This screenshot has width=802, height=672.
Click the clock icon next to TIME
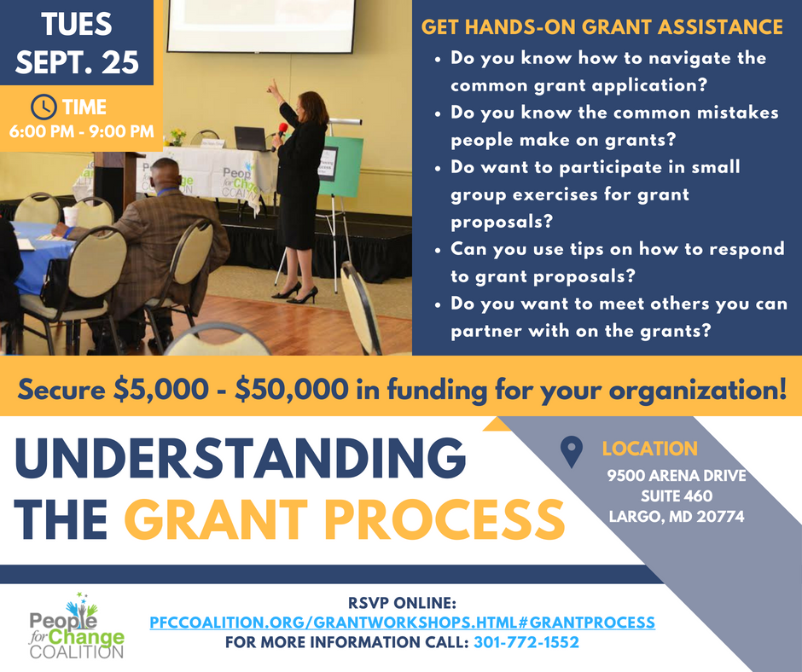44,107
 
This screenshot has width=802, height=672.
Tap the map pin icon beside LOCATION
572,452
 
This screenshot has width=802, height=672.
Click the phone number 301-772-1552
526,642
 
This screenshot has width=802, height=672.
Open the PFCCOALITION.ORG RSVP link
402,623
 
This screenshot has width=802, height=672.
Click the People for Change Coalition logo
77,626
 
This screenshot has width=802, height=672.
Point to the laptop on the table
251,139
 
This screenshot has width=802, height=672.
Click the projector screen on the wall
261,26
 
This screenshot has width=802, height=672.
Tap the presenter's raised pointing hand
273,87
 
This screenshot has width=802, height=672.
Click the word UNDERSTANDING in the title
241,457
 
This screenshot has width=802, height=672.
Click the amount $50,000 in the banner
292,389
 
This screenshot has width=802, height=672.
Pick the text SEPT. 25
78,62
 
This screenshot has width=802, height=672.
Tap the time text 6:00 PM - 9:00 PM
81,131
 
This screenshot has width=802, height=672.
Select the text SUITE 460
677,495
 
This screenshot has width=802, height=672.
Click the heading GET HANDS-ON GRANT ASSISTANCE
602,27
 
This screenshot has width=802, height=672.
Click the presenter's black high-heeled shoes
296,294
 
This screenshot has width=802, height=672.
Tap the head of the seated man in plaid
166,173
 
